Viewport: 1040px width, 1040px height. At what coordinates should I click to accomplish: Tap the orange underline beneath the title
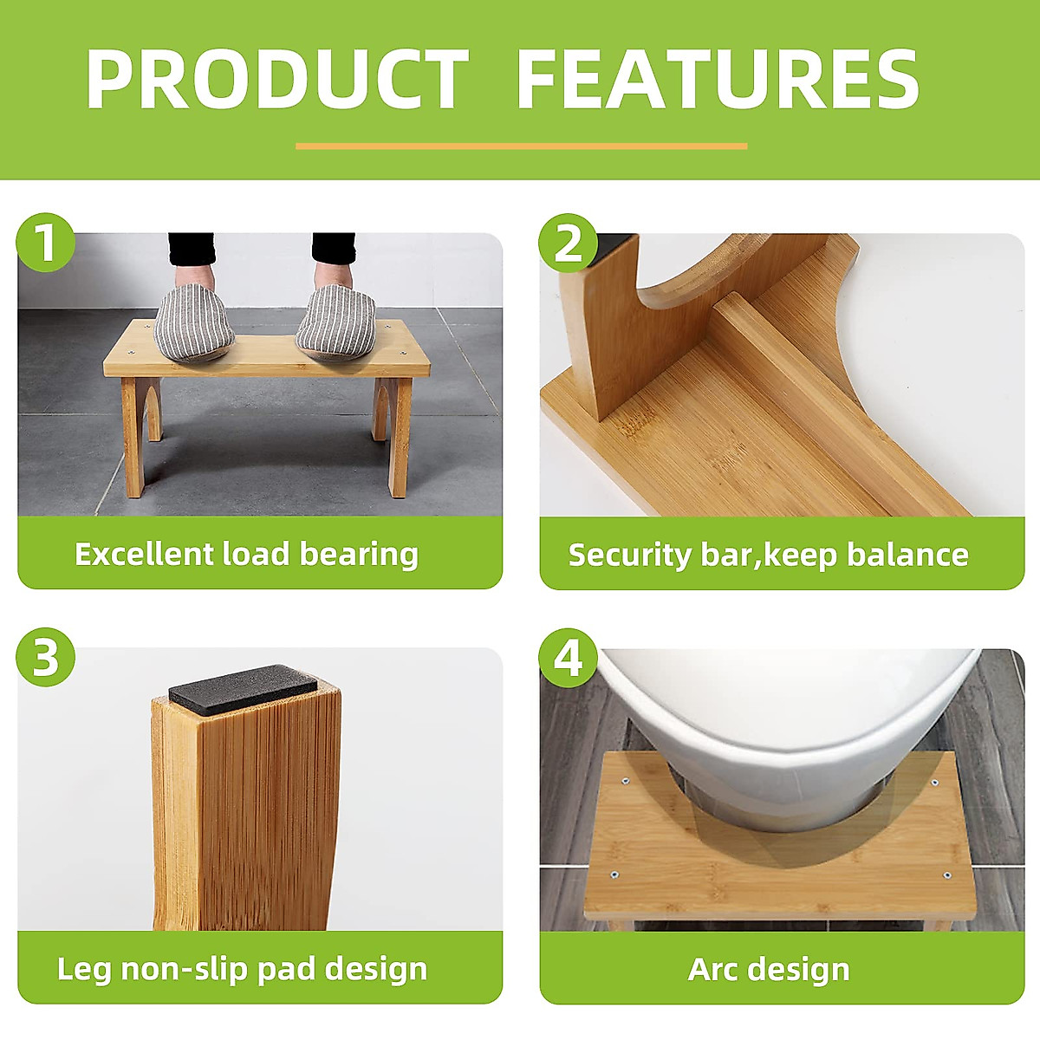click(521, 146)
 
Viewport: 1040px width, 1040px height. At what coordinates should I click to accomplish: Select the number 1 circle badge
click(46, 242)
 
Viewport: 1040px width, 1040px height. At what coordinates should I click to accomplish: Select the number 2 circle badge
click(568, 243)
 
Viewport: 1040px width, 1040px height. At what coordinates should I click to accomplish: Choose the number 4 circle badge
click(568, 658)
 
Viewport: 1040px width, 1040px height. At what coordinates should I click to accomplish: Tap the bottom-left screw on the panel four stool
click(614, 874)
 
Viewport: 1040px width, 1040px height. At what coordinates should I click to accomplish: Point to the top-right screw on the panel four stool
click(934, 783)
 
